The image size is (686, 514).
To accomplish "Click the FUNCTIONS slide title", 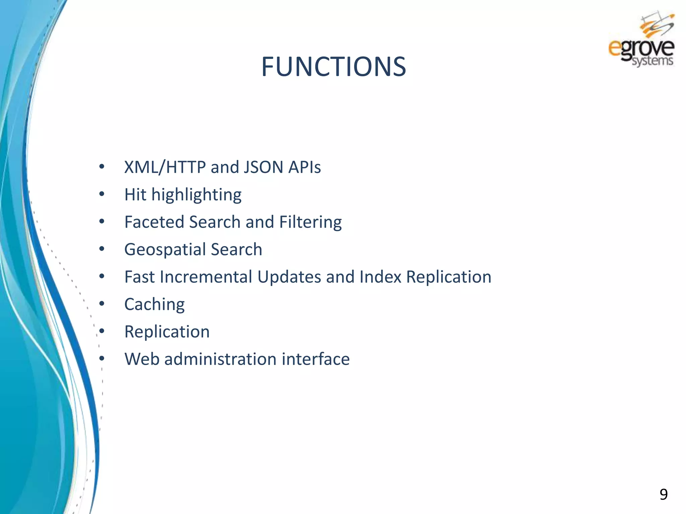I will tap(334, 67).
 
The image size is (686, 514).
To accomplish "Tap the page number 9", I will tap(663, 494).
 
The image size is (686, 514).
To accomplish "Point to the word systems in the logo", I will tap(652, 61).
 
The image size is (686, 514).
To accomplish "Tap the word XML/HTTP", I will tap(164, 167).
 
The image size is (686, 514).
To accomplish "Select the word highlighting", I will tap(196, 195).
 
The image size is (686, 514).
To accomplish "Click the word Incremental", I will tap(206, 277).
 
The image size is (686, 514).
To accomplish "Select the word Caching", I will tap(154, 305).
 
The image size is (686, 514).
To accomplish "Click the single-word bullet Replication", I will tap(167, 332).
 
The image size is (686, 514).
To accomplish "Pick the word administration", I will tap(220, 359).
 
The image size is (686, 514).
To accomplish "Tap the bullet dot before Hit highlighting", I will tap(102, 194).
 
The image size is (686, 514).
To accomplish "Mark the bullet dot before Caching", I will tap(102, 304).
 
